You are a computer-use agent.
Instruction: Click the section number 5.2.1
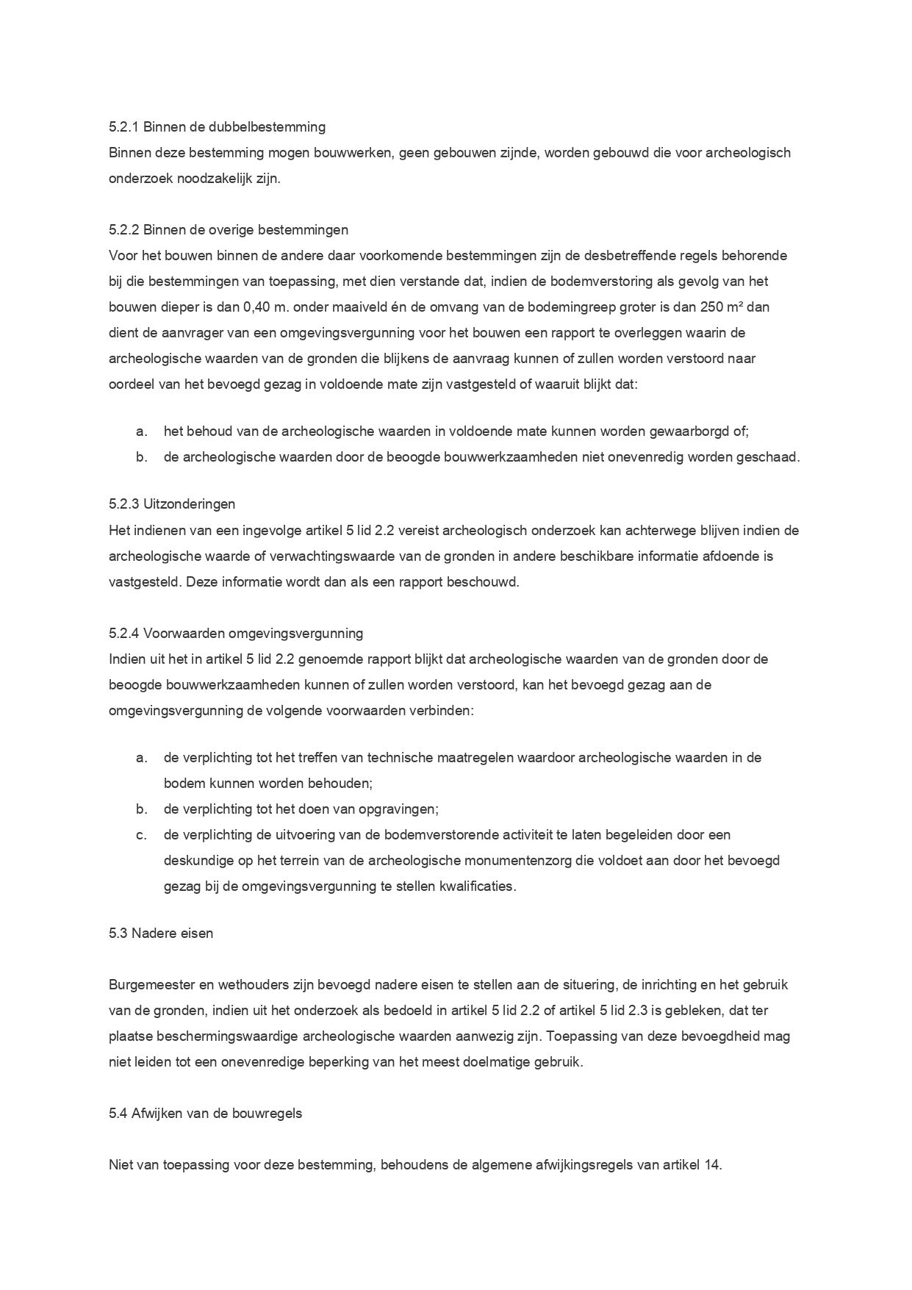tap(123, 127)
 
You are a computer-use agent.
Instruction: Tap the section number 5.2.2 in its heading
tap(123, 230)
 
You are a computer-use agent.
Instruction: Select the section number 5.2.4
tap(123, 633)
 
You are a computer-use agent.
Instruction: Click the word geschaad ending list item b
tap(772, 457)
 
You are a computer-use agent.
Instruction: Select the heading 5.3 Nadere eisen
tap(161, 934)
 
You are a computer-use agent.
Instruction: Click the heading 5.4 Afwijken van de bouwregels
tap(205, 1114)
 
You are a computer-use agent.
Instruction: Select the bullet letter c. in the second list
tap(142, 835)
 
